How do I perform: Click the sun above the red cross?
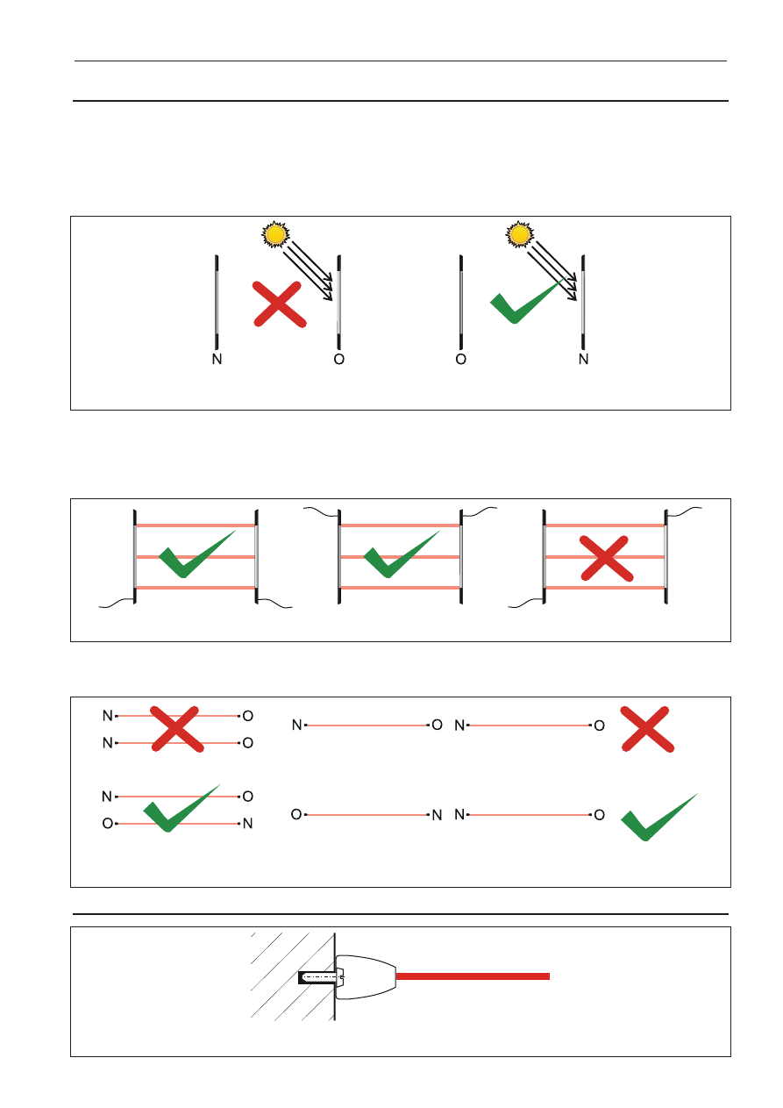275,234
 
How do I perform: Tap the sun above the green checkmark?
520,234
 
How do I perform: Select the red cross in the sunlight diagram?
280,304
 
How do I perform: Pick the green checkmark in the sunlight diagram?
527,301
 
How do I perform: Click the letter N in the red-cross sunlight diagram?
217,359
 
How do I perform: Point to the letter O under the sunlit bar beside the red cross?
338,359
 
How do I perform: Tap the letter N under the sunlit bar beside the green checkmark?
583,359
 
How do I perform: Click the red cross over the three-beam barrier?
607,558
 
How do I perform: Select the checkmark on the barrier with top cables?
402,554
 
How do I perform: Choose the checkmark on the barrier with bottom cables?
196,554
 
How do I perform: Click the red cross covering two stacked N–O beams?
176,729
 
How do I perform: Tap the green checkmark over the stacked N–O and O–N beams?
181,808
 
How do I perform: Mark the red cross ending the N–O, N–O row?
647,729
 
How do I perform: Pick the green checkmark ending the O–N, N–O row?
658,817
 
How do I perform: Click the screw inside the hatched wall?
321,977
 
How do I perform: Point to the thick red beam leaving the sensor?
473,976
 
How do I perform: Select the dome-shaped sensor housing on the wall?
366,977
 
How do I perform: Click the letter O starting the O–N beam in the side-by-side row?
296,814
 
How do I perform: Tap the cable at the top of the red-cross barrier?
684,511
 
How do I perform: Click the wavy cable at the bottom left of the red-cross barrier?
526,603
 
